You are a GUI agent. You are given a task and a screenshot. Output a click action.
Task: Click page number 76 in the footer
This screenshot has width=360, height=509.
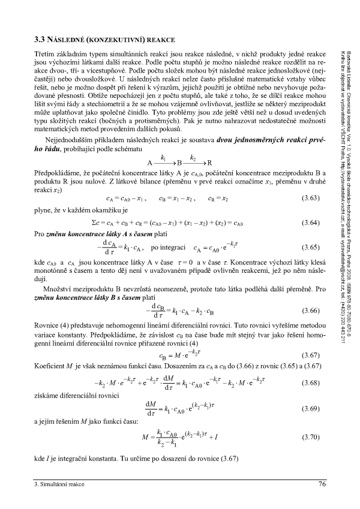(x=322, y=484)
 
